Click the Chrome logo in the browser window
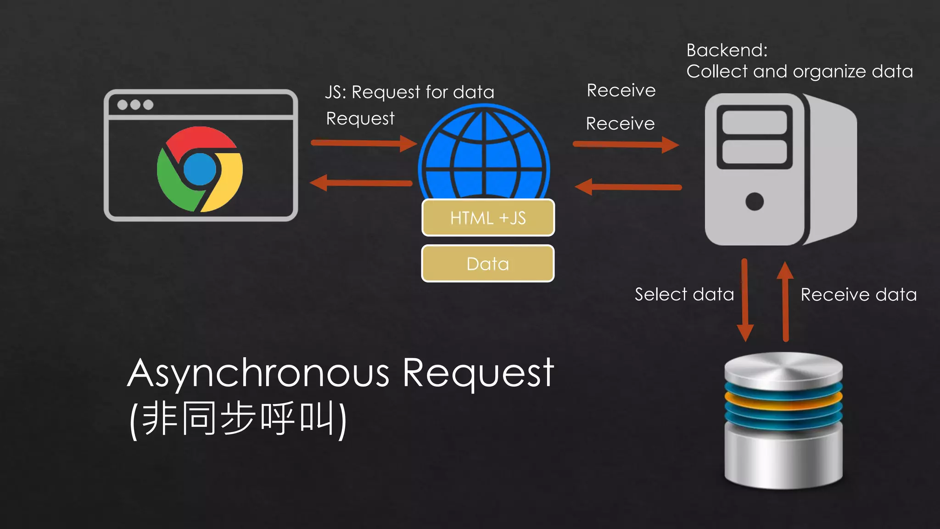tap(200, 169)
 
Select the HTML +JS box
tap(488, 218)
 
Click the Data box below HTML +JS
tap(488, 264)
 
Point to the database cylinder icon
tap(783, 420)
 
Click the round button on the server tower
tap(755, 201)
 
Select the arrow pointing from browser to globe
tap(363, 143)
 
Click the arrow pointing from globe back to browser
tap(361, 183)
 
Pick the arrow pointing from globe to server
tap(626, 145)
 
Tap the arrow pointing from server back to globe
tap(628, 187)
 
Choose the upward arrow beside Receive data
tap(785, 301)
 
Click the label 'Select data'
tap(684, 294)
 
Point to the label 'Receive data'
tap(858, 295)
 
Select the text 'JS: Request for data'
tap(409, 92)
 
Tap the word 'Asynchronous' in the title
tap(258, 373)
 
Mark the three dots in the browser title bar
tap(135, 105)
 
